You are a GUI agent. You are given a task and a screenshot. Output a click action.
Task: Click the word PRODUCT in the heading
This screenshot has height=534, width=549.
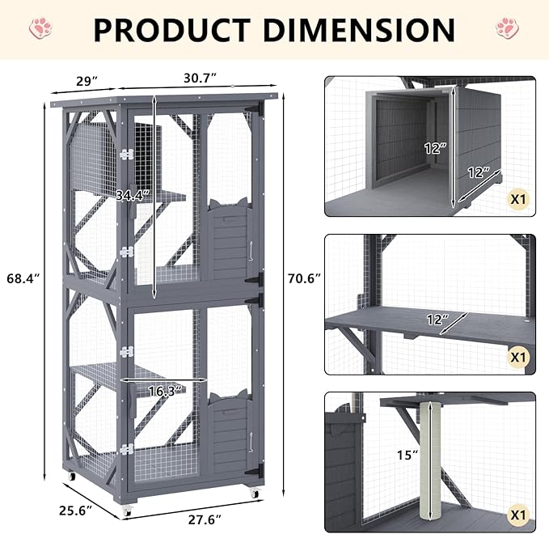pos(172,30)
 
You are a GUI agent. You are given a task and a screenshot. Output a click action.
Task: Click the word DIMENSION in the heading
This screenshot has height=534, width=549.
pos(359,30)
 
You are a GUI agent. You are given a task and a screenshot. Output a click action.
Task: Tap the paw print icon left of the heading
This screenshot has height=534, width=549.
pos(41,28)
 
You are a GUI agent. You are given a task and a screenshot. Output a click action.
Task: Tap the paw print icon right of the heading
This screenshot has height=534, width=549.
pos(507,28)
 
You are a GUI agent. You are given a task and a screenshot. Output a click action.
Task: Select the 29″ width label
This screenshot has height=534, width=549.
pos(87,81)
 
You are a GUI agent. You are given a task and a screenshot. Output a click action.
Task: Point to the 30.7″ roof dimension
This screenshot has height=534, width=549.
pos(200,78)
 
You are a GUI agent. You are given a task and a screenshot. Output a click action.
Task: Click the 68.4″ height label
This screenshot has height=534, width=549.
pos(23,278)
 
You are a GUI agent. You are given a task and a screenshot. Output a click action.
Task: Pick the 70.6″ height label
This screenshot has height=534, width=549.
pos(304,278)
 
